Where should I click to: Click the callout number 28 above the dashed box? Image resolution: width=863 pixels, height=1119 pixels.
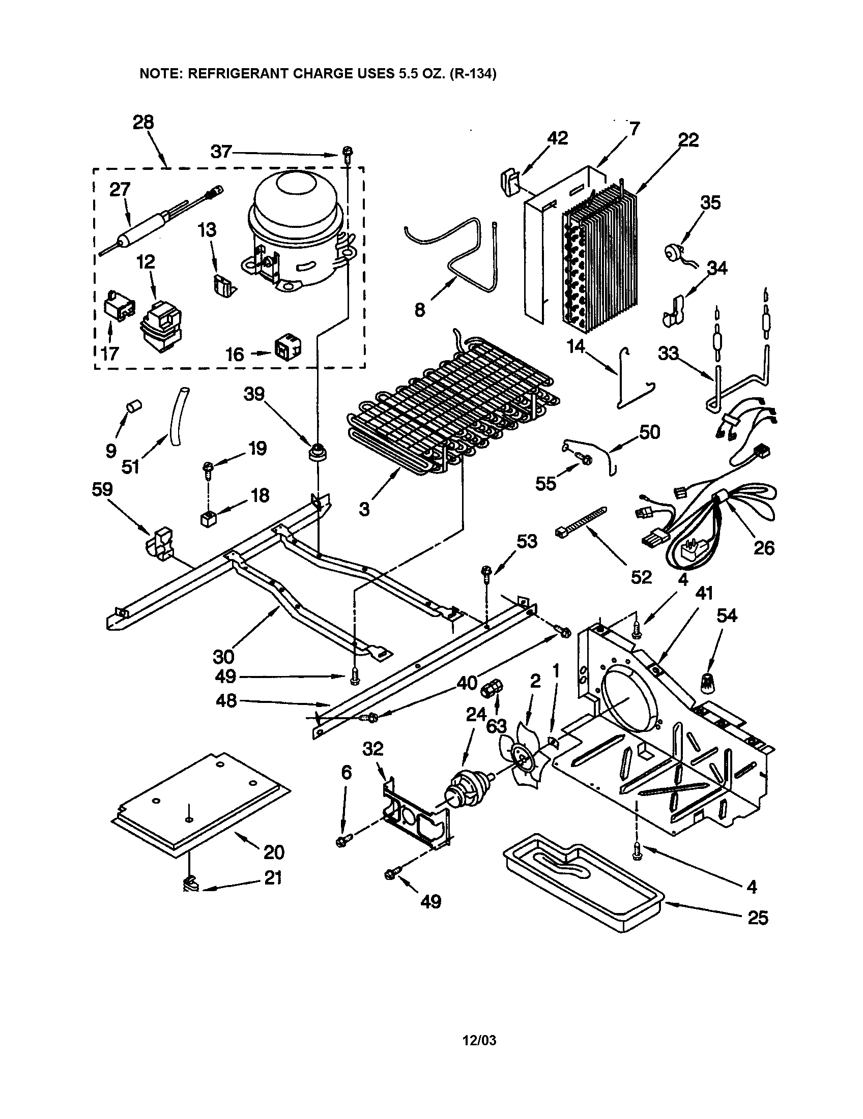coord(143,123)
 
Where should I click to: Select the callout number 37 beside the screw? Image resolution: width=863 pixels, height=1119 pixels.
coord(221,152)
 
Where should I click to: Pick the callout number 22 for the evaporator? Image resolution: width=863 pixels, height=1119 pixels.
coord(688,140)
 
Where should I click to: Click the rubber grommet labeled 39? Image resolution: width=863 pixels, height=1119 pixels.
coord(318,452)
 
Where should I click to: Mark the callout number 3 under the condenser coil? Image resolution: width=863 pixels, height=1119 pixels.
coord(364,509)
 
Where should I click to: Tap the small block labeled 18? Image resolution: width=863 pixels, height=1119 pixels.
coord(208,519)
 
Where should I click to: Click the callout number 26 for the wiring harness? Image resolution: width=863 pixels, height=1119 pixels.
coord(764,548)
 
